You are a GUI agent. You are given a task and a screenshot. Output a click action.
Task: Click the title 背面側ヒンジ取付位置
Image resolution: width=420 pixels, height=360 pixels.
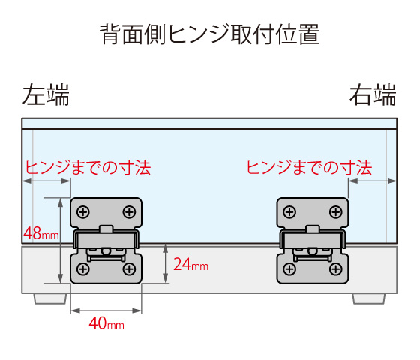pyautogui.click(x=210, y=34)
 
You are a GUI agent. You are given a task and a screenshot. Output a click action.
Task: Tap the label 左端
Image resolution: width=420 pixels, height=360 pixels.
pyautogui.click(x=46, y=94)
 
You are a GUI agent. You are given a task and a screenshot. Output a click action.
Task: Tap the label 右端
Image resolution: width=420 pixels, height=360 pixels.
pyautogui.click(x=373, y=94)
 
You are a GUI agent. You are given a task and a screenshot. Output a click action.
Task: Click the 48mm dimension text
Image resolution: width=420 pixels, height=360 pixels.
pyautogui.click(x=41, y=233)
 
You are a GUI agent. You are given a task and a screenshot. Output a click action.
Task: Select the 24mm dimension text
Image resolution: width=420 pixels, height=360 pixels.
pyautogui.click(x=190, y=264)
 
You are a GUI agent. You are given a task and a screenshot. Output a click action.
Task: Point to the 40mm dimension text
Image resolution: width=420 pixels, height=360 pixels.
pyautogui.click(x=106, y=323)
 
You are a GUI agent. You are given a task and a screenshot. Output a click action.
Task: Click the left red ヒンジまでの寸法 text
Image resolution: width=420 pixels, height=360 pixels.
pyautogui.click(x=88, y=168)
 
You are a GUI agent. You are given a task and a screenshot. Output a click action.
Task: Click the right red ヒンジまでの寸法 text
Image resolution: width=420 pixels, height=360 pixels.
pyautogui.click(x=309, y=168)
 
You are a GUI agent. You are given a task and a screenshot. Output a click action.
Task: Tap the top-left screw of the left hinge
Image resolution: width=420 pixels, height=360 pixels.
pyautogui.click(x=83, y=212)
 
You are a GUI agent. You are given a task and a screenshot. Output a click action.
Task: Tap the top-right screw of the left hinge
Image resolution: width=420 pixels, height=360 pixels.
pyautogui.click(x=129, y=212)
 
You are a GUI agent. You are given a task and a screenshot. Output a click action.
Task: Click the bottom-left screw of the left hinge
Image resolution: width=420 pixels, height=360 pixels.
pyautogui.click(x=83, y=268)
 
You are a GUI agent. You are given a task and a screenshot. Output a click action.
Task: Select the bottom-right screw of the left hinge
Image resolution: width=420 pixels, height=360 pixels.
pyautogui.click(x=129, y=268)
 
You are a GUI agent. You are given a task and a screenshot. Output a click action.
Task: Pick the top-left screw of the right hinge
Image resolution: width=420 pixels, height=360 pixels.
pyautogui.click(x=289, y=212)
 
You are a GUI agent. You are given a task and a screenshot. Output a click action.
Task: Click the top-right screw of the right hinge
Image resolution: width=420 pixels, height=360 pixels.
pyautogui.click(x=336, y=212)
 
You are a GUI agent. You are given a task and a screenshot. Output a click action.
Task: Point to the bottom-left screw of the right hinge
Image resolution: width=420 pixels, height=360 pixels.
pyautogui.click(x=289, y=268)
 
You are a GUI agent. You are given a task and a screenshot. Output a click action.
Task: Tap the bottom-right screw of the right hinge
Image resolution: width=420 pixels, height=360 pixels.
pyautogui.click(x=336, y=268)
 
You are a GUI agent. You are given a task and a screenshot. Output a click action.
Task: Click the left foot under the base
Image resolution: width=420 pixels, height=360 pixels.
pyautogui.click(x=50, y=298)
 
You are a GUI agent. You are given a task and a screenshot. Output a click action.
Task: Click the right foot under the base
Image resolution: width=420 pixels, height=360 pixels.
pyautogui.click(x=369, y=298)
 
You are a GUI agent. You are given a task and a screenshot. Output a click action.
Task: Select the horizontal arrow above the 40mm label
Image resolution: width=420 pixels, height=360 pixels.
pyautogui.click(x=106, y=310)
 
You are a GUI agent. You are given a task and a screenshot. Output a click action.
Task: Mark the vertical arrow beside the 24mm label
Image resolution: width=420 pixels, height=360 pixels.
pyautogui.click(x=166, y=263)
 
